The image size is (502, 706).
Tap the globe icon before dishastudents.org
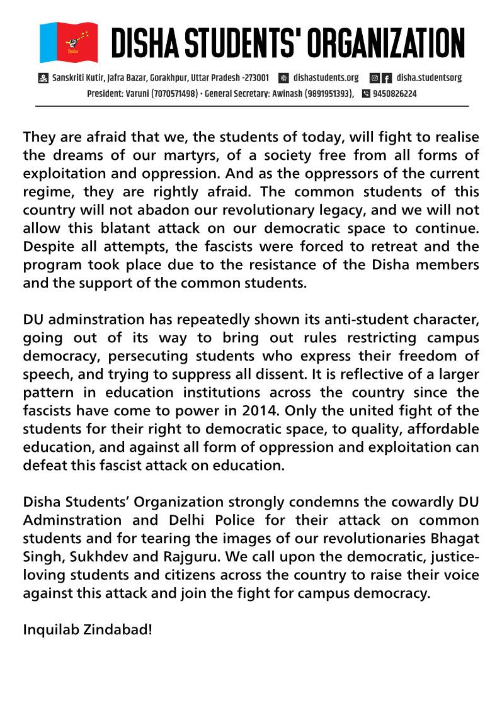283,78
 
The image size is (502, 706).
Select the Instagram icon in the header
374,78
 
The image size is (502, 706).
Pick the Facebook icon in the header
387,78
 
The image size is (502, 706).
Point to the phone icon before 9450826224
366,94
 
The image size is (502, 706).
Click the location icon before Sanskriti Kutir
43,78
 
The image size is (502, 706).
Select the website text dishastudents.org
326,78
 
